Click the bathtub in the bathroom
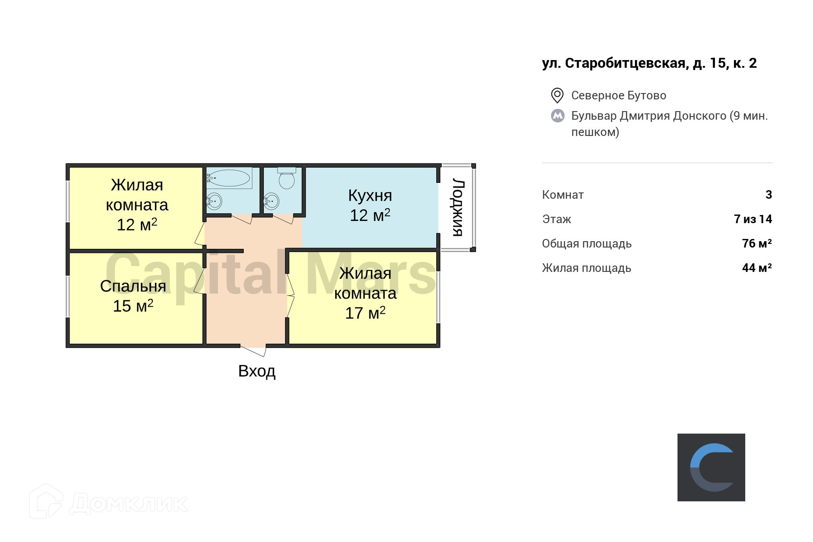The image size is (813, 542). (229, 178)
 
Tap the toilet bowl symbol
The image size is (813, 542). (287, 179)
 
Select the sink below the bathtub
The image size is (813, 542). (214, 201)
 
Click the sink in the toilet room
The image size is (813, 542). (271, 201)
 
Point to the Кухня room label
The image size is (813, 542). (370, 196)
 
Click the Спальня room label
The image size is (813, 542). (133, 286)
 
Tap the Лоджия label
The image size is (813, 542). (458, 207)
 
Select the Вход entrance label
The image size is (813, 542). (257, 371)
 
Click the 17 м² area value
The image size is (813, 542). (365, 313)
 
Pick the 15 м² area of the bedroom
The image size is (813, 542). (133, 306)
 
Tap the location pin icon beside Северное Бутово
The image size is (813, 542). (557, 95)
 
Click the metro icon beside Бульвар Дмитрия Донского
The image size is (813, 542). (557, 116)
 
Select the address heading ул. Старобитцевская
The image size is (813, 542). (649, 63)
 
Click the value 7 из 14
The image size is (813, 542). (752, 219)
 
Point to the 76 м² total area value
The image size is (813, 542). (757, 243)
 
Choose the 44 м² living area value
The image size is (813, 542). (757, 268)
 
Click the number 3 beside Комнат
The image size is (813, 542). (769, 195)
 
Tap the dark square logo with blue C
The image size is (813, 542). (711, 467)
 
